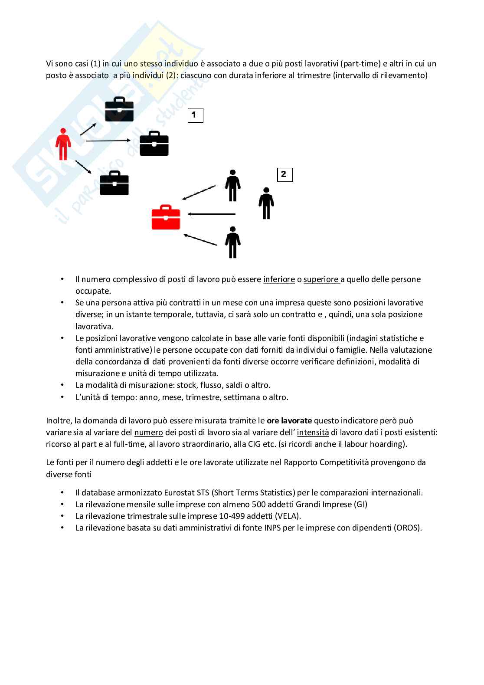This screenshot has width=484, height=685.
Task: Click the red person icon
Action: point(63,144)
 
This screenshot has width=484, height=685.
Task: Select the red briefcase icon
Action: point(166,217)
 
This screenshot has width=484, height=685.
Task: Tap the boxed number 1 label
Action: point(195,115)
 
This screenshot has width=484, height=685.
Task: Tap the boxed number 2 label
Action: point(285,175)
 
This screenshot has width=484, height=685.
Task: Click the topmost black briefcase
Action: point(119,109)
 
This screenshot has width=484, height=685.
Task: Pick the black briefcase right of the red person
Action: point(154,144)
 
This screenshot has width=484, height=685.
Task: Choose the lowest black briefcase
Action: point(114,184)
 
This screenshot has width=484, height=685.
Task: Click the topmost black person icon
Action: point(232,186)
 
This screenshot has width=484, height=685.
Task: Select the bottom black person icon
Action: point(232,242)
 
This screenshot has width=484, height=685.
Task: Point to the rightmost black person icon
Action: point(266,203)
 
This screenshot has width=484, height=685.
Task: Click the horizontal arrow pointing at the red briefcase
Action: point(212,214)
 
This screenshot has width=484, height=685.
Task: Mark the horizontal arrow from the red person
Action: point(108,141)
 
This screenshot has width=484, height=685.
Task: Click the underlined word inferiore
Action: point(279,279)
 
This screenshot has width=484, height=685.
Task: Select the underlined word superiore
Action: point(321,279)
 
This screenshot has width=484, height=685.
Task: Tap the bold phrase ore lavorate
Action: point(289,420)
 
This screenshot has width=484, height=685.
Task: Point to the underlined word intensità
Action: point(313,432)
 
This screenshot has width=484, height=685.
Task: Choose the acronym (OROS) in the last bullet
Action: point(408,528)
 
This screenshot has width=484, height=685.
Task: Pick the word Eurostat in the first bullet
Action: point(180,493)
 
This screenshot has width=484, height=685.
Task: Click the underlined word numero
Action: point(149,432)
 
